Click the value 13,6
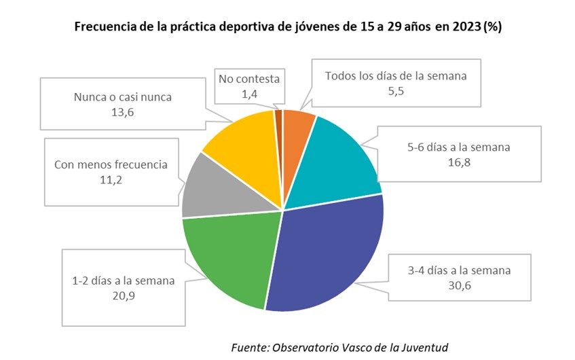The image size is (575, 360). click(122, 113)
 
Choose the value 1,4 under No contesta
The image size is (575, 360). click(249, 94)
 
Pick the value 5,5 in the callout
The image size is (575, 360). click(396, 92)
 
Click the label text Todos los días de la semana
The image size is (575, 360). click(396, 76)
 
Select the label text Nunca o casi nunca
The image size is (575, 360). click(122, 97)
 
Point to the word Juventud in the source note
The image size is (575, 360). click(423, 346)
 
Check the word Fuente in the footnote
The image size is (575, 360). click(249, 346)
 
